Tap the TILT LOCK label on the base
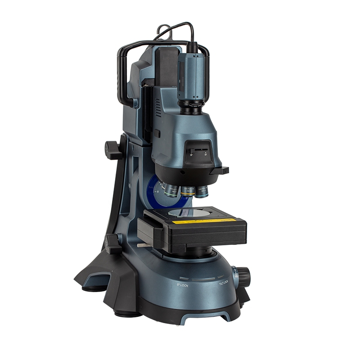pyautogui.click(x=225, y=284)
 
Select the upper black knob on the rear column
pyautogui.click(x=112, y=149)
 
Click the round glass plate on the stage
pyautogui.click(x=184, y=212)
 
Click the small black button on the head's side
pyautogui.click(x=157, y=133)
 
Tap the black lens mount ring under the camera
pyautogui.click(x=192, y=107)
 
